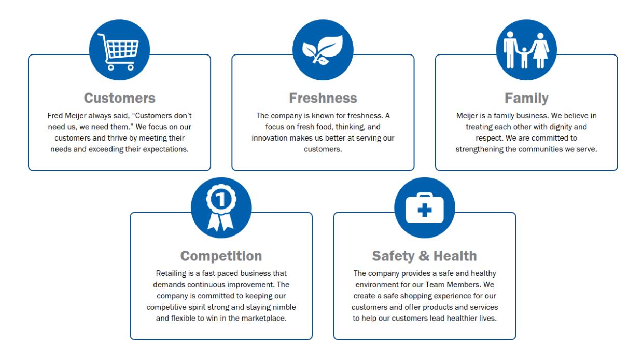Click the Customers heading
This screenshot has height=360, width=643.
tap(119, 98)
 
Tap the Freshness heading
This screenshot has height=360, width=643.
tap(323, 98)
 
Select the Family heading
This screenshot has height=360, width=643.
tap(526, 99)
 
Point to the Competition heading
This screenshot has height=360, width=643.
tap(221, 256)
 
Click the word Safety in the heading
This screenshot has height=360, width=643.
tap(393, 256)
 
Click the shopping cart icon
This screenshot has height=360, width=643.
tap(118, 52)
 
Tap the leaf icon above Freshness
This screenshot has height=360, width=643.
tap(323, 50)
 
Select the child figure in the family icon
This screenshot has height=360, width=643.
tap(524, 58)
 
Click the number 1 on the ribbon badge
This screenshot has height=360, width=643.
tap(221, 199)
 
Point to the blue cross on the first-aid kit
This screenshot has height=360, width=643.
tap(425, 210)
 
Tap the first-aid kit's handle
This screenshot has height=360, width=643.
tap(425, 196)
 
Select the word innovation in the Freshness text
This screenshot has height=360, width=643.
tap(270, 138)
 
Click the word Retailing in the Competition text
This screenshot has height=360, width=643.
tap(171, 273)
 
